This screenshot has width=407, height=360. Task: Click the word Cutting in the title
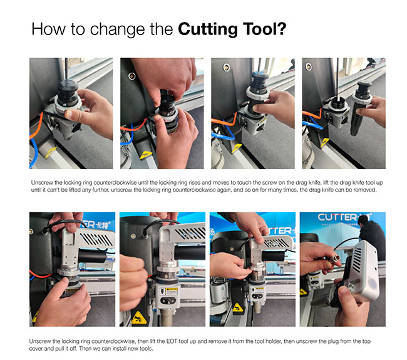208,29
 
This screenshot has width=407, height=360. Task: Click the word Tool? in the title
265,29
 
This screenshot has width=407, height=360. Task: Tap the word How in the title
49,29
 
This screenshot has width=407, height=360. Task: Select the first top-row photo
71,113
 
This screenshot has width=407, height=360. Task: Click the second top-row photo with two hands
162,113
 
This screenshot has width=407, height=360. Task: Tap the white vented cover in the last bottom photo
363,270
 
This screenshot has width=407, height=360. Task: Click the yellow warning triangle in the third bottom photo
237,307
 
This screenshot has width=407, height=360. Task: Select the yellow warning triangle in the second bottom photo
139,318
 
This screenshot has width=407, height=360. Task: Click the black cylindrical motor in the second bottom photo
190,252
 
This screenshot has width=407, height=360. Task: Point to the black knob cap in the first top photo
68,86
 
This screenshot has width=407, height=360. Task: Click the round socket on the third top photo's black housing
226,67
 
